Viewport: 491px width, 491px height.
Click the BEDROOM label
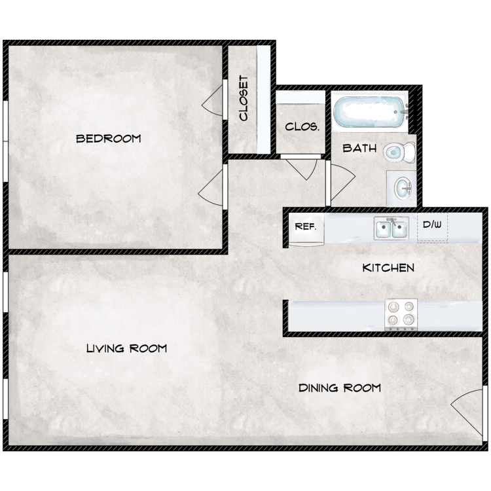109,138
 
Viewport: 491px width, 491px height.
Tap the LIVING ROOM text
126,348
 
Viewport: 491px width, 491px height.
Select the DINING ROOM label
340,388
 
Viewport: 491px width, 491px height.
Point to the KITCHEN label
388,268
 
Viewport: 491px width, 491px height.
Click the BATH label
359,148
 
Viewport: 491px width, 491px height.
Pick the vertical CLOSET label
244,98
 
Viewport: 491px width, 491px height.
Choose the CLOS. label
302,127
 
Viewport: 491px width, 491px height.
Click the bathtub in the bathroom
370,112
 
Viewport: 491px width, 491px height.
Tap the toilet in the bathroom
399,153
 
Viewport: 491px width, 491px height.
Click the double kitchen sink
391,228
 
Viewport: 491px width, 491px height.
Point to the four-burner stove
401,314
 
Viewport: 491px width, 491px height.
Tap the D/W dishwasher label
432,224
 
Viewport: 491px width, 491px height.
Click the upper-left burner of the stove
393,307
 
